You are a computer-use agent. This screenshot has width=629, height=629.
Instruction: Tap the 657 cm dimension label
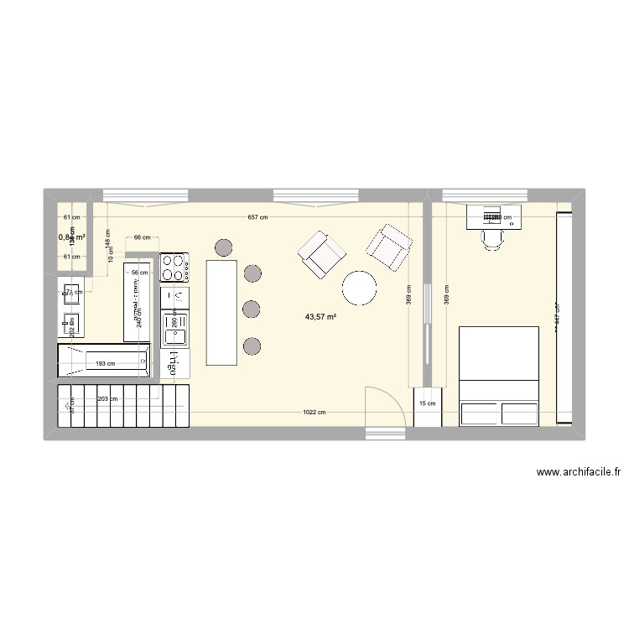click(x=258, y=218)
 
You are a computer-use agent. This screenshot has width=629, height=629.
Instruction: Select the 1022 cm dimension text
click(x=316, y=412)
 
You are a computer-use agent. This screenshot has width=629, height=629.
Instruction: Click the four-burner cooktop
click(x=174, y=268)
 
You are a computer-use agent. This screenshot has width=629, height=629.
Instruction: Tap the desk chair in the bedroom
click(x=493, y=239)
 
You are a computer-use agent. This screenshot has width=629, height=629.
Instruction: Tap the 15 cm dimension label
click(x=427, y=403)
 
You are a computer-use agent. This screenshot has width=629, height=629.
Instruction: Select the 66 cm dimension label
click(x=142, y=237)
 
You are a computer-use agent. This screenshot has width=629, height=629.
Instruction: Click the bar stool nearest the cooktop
click(x=224, y=247)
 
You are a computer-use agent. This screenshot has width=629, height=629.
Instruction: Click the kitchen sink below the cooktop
click(x=176, y=335)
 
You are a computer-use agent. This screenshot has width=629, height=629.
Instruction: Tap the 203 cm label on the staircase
click(x=107, y=400)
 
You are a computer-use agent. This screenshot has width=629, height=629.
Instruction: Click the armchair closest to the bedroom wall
click(x=389, y=246)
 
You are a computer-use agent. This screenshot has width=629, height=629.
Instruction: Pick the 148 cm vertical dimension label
click(x=107, y=244)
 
